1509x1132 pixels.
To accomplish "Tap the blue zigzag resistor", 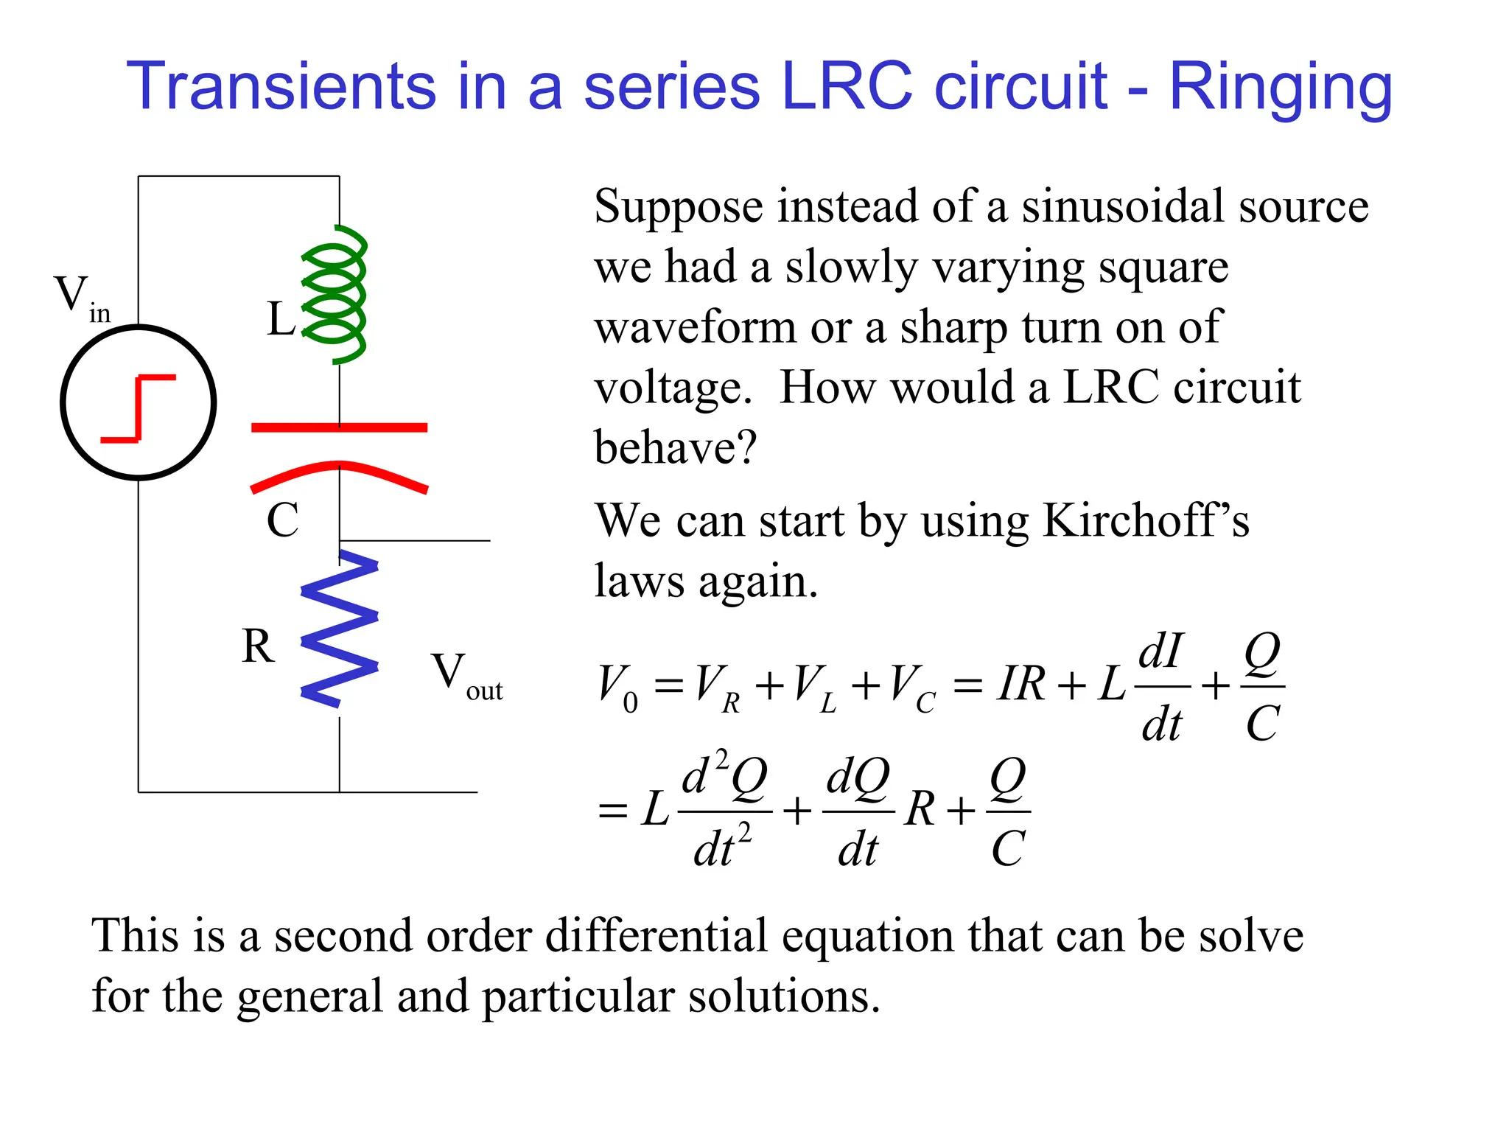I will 339,629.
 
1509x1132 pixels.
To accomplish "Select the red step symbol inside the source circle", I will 139,408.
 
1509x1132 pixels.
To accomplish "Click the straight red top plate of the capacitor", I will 339,427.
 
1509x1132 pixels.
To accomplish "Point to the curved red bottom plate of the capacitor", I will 339,472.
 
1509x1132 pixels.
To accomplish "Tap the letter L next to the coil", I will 281,320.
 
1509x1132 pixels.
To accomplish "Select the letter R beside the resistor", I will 258,647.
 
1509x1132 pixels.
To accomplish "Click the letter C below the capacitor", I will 282,520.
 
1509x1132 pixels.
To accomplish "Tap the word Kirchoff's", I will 1146,521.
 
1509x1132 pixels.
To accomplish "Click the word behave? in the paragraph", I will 675,447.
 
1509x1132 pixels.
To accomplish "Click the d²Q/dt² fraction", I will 724,811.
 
